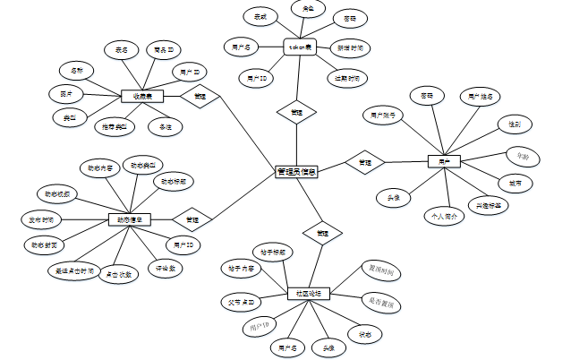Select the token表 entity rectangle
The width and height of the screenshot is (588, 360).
(x=302, y=47)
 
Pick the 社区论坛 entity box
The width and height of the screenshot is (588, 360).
(x=310, y=293)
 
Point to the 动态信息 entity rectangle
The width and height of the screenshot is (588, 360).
(x=129, y=219)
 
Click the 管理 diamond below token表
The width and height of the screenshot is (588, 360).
(x=295, y=113)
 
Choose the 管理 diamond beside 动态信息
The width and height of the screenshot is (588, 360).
(x=192, y=219)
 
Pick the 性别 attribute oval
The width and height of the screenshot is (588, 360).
(x=515, y=124)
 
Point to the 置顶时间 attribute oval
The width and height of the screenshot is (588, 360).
(x=379, y=270)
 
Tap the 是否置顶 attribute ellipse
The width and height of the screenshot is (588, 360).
(x=380, y=304)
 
